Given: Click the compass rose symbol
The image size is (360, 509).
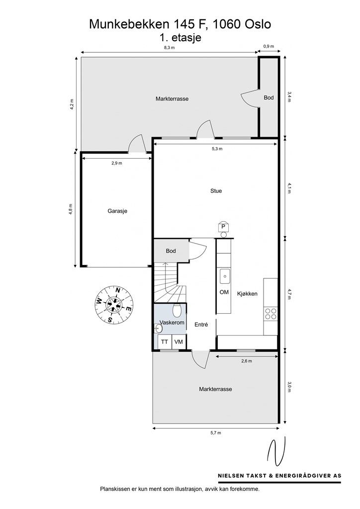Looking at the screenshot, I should (x=114, y=304).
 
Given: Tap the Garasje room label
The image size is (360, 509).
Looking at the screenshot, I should (x=117, y=211).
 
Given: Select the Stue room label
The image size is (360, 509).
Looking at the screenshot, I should (x=216, y=191).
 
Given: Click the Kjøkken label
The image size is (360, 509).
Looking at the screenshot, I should (x=247, y=293).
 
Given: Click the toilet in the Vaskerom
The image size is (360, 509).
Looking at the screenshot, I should (x=177, y=311).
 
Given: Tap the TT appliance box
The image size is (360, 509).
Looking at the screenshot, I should (x=164, y=342).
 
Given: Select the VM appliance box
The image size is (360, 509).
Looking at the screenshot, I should (x=178, y=342).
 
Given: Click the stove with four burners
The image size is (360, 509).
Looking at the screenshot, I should (x=270, y=314).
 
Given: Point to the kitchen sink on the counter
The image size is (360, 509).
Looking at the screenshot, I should (x=224, y=274).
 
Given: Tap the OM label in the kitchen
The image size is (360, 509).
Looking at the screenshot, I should (x=224, y=292).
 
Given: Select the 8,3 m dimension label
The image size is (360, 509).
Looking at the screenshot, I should (x=169, y=47).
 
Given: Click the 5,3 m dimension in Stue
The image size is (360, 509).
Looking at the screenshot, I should (x=217, y=149).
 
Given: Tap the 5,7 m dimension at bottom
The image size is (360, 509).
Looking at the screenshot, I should (x=215, y=433).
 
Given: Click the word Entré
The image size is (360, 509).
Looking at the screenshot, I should (x=201, y=325).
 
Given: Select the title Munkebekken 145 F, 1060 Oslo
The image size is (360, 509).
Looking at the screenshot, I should (x=180, y=24).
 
